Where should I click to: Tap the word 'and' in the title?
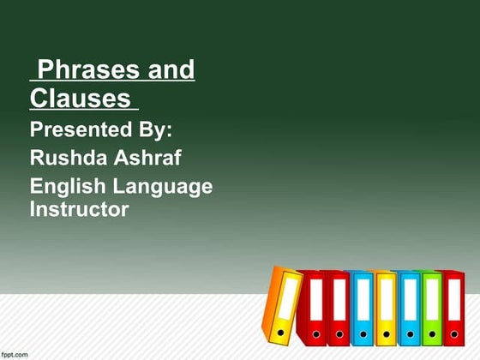point(166,70)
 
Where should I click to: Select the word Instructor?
point(79,208)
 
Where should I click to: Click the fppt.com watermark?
point(15,353)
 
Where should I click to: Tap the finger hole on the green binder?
point(432,333)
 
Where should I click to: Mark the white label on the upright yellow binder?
point(386,300)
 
